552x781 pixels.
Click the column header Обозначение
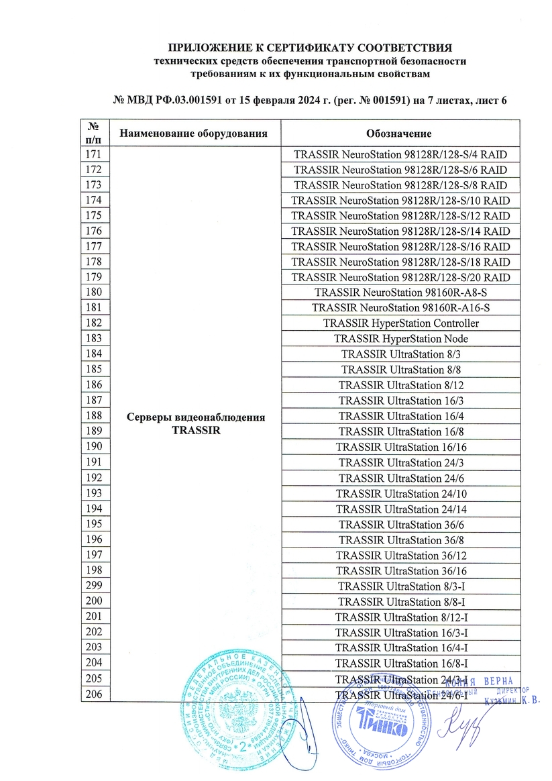pos(399,133)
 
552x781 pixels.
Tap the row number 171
pos(94,154)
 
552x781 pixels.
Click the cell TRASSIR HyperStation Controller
pos(400,323)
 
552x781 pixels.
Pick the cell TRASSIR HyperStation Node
pos(400,339)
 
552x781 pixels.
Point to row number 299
pos(94,586)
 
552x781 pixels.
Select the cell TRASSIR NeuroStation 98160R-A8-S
pos(400,293)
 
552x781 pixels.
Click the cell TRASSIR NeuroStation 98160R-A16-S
pos(400,308)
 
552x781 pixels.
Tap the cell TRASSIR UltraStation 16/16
pos(400,447)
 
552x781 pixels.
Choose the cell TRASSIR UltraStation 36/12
pos(400,555)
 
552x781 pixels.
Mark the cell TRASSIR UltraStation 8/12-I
pos(400,617)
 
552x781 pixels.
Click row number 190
pos(94,447)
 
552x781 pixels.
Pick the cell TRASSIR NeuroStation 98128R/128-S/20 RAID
pos(400,277)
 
